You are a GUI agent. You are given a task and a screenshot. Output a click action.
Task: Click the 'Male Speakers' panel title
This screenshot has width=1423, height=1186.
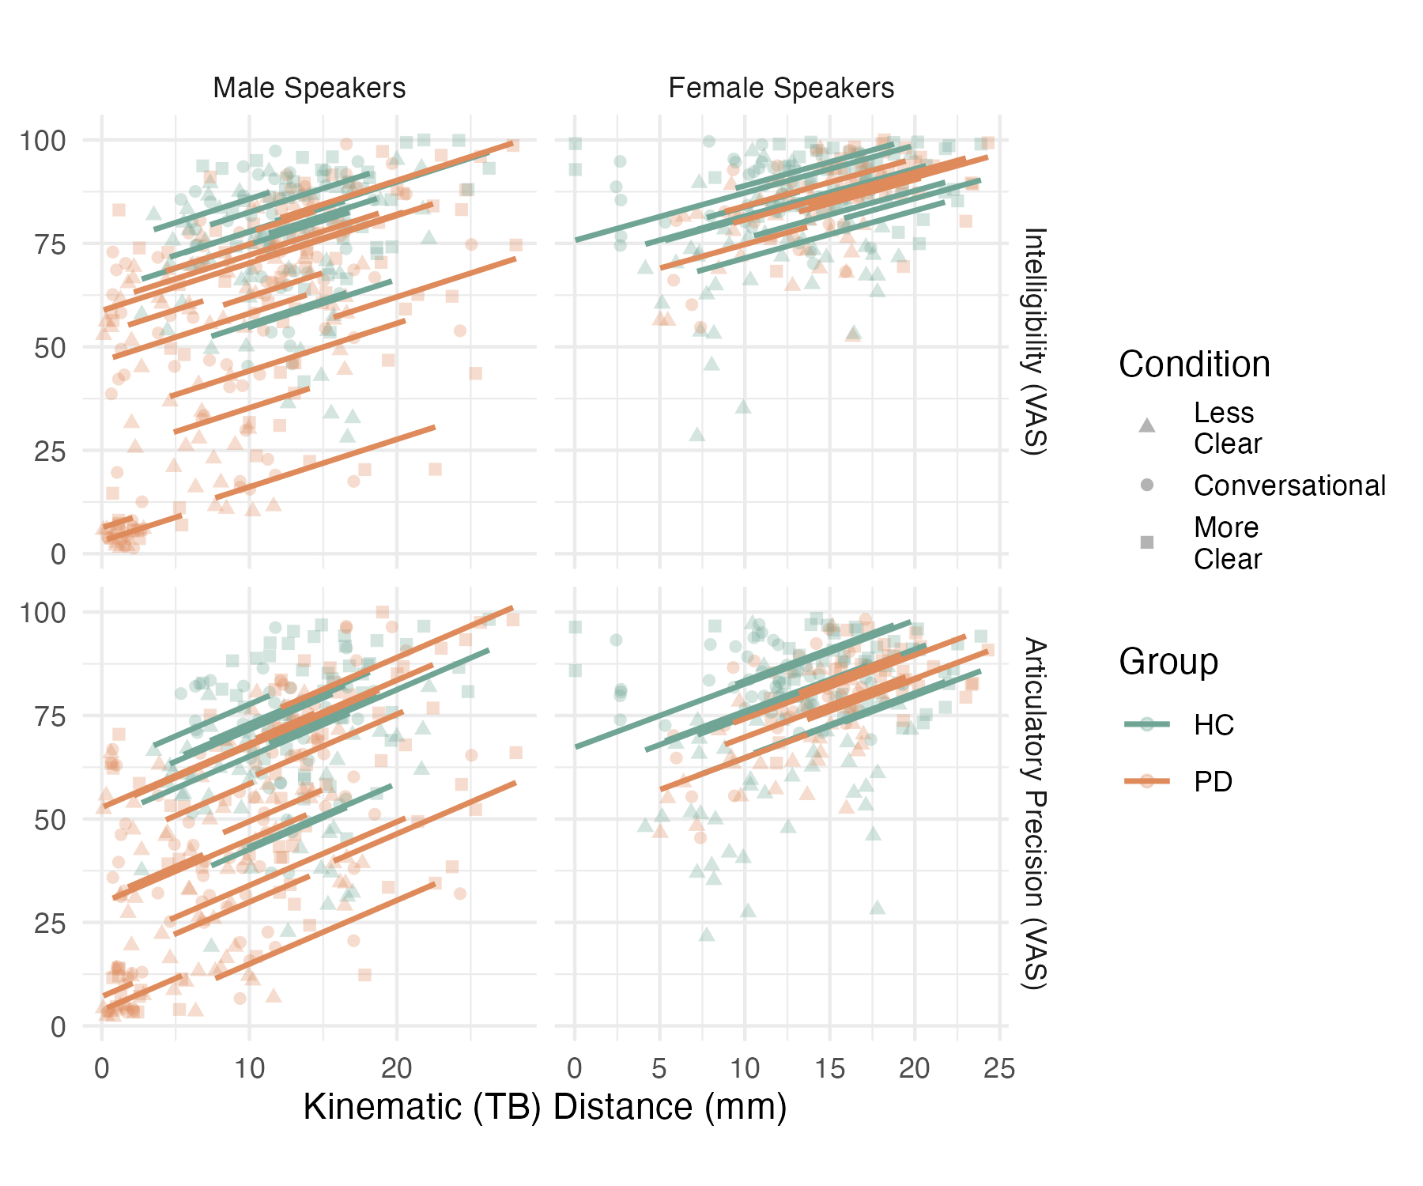coord(309,88)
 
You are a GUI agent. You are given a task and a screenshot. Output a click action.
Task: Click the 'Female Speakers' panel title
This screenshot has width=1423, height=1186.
coord(781,88)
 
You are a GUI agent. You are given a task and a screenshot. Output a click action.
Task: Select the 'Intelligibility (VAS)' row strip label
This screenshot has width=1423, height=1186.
coord(1035,342)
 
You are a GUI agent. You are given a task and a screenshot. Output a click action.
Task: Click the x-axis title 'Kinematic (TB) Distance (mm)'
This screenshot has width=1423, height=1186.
coord(545,1107)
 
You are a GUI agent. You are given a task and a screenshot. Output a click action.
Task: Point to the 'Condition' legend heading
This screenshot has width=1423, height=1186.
coord(1194,364)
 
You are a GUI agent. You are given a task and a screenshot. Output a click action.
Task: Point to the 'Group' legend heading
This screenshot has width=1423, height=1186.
coord(1168,661)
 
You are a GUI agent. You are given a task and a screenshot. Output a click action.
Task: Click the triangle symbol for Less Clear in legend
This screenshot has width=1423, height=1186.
coord(1146,426)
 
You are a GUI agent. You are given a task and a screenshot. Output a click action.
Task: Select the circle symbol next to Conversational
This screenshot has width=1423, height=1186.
coord(1146,485)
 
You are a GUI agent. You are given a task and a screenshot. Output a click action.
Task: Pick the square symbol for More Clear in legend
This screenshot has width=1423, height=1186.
coord(1146,542)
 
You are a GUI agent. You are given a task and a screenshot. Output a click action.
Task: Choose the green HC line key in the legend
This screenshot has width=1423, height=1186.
coord(1146,723)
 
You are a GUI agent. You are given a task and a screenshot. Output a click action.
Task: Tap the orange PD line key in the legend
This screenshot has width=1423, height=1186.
coord(1146,781)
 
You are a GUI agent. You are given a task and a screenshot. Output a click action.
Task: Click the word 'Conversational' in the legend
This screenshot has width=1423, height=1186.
coord(1289,485)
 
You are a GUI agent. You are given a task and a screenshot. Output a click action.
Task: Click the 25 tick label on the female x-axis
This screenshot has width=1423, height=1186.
coord(998,1069)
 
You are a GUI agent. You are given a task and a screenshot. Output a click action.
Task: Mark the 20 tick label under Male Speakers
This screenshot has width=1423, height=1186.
coord(397,1069)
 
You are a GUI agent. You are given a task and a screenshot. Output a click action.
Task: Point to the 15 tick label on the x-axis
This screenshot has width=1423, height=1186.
coord(829,1069)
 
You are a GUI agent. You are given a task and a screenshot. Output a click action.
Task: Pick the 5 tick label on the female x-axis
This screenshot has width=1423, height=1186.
coord(659,1069)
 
